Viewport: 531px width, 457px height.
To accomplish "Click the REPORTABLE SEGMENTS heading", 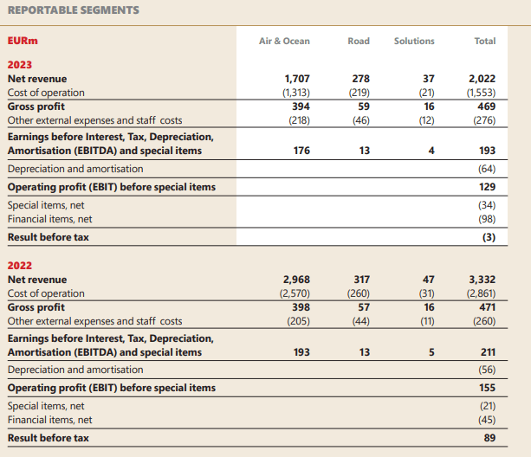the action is point(74,10).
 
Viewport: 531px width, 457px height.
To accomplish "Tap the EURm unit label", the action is point(23,41).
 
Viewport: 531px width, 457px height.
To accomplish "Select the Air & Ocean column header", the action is point(284,41).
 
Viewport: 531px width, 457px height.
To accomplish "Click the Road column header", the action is point(359,41).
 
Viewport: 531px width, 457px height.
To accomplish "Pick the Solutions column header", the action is point(414,41).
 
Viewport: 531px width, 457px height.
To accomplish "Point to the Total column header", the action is point(485,41).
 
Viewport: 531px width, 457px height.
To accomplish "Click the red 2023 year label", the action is point(20,65).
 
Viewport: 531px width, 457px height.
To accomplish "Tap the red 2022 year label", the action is point(20,266).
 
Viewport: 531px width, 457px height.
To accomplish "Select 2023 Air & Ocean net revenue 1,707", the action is point(297,79).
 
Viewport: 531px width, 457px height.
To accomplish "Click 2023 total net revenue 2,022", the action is point(482,79).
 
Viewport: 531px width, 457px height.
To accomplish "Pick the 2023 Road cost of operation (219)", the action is point(359,93).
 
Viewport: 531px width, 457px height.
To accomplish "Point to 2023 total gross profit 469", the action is point(487,106).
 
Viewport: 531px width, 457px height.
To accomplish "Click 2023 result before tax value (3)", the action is point(489,237).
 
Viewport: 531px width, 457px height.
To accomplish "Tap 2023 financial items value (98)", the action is point(487,219).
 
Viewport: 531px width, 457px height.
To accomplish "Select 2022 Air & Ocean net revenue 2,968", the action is point(296,280).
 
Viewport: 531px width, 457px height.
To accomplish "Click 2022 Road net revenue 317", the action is point(362,280).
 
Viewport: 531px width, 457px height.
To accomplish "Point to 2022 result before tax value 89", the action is point(489,438).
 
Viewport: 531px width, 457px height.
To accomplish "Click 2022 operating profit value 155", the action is point(488,388).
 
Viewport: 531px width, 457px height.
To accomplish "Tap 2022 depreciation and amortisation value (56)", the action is point(487,370).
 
